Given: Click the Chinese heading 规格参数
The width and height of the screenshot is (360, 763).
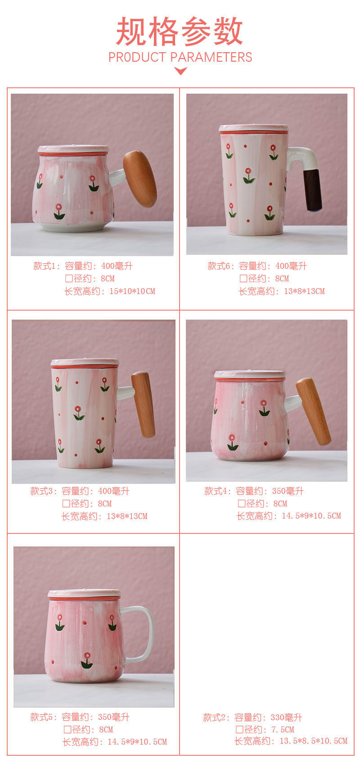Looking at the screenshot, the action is click(180, 32).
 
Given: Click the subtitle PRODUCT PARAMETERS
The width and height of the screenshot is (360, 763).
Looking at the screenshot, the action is click(180, 57).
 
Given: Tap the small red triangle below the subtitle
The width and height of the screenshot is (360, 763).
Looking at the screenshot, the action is click(180, 71).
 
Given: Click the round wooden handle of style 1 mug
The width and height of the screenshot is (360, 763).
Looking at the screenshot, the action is click(139, 179).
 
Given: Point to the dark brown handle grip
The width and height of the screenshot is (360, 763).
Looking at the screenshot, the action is click(313, 189).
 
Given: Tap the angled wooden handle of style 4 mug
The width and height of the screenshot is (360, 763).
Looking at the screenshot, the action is click(313, 411).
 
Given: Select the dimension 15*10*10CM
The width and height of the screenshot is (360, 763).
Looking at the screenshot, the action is click(132, 292).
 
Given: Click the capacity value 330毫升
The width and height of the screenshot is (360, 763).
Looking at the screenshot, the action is click(287, 718).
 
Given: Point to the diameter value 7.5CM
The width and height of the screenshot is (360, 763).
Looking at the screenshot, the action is click(283, 730).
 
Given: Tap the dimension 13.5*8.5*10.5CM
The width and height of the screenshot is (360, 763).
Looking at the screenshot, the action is click(314, 741).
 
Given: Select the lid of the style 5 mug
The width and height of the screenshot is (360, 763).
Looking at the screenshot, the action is click(84, 594).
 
